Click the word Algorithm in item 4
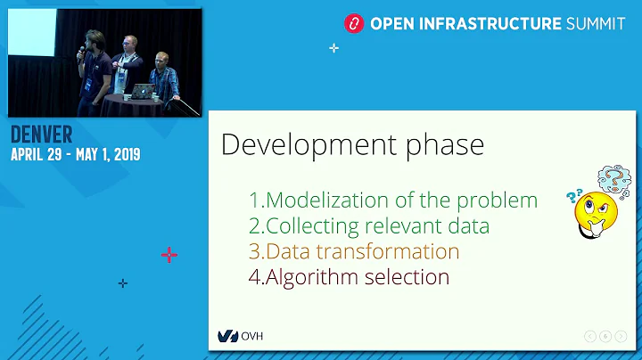coord(314,277)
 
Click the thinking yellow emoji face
coord(593,211)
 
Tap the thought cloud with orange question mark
coord(614,180)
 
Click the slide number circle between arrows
coord(605,336)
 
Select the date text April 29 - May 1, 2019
coord(75,154)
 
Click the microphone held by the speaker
coord(81,52)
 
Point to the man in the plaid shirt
coord(164,78)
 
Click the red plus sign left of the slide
coord(169,255)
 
